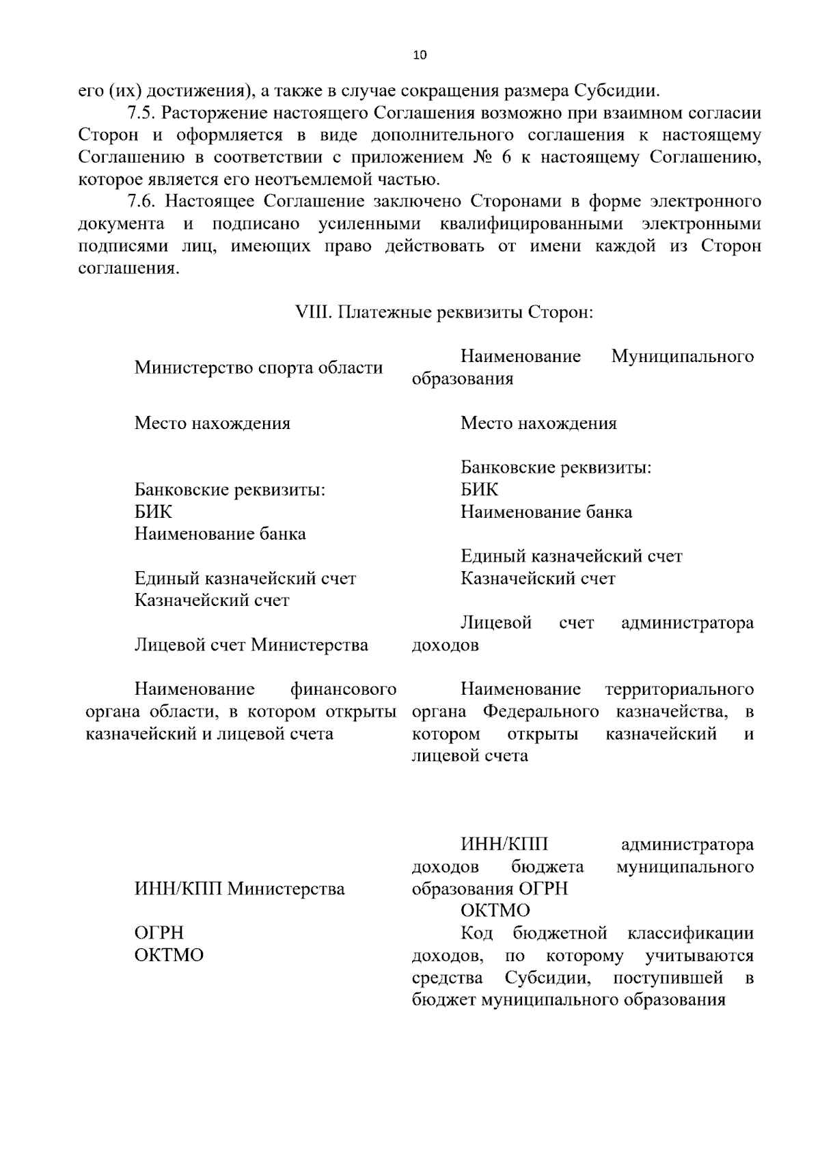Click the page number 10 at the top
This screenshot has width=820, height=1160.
pyautogui.click(x=420, y=56)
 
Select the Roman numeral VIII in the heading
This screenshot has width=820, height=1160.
pyautogui.click(x=312, y=312)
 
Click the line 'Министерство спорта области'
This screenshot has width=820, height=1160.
pyautogui.click(x=258, y=368)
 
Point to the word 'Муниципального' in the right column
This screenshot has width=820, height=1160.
pyautogui.click(x=682, y=356)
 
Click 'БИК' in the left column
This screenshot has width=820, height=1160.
pyautogui.click(x=153, y=512)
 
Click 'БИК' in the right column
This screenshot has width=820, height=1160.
pyautogui.click(x=479, y=490)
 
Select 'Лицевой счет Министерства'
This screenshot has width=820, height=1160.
pyautogui.click(x=251, y=645)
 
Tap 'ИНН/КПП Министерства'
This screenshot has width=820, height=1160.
pyautogui.click(x=239, y=889)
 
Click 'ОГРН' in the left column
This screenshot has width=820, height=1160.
pyautogui.click(x=159, y=933)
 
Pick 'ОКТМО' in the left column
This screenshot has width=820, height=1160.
pyautogui.click(x=169, y=955)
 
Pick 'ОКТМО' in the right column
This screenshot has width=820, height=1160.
pyautogui.click(x=495, y=911)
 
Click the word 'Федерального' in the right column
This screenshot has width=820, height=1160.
pyautogui.click(x=541, y=712)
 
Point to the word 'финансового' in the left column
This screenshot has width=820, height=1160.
pyautogui.click(x=343, y=689)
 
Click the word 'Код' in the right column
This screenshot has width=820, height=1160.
pyautogui.click(x=476, y=933)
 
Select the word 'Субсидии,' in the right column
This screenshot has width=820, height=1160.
pyautogui.click(x=548, y=978)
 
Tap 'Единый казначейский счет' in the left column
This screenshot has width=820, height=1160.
pyautogui.click(x=245, y=579)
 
